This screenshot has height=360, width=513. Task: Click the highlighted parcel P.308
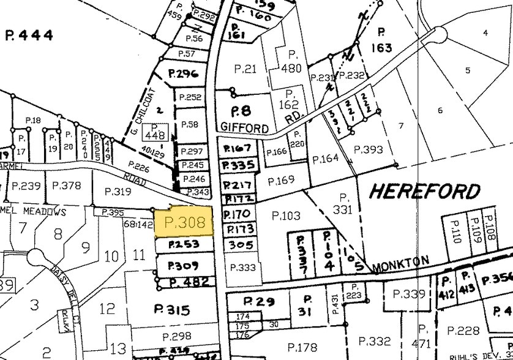pos(184,223)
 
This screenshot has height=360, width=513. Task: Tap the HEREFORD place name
pos(425,191)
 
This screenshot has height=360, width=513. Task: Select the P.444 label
pos(30,35)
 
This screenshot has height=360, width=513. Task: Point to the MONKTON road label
pos(400,262)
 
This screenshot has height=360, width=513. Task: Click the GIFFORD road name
pos(243,129)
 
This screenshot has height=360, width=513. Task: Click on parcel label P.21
pos(245,69)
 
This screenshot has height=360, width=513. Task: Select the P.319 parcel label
pos(119,191)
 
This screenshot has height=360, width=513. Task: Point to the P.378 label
pos(66,186)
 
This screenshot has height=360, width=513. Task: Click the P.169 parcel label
pos(282,180)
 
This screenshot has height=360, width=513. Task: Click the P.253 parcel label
pos(183,245)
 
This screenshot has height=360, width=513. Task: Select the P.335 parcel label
pos(238,165)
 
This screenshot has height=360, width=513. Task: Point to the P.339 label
pos(409,294)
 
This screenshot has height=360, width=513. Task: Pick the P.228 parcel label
pos(463,331)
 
